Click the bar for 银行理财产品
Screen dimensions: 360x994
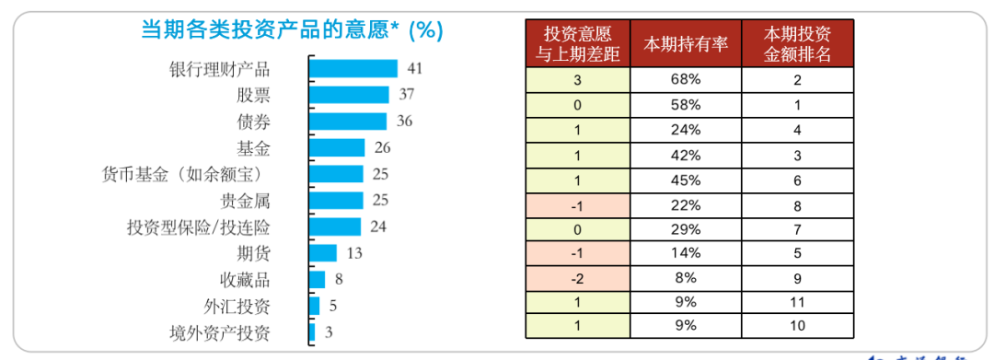[x=353, y=68]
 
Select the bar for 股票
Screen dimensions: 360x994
[x=349, y=95]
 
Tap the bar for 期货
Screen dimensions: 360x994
[x=323, y=253]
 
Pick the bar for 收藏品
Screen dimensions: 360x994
[x=317, y=280]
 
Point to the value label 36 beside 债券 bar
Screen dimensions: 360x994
[x=404, y=122]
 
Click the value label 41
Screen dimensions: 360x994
[x=414, y=68]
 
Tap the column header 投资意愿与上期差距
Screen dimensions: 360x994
[x=577, y=44]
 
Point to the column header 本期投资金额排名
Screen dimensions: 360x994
[x=797, y=44]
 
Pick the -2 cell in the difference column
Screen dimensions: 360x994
[x=577, y=277]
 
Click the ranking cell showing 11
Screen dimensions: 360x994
[x=797, y=301]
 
